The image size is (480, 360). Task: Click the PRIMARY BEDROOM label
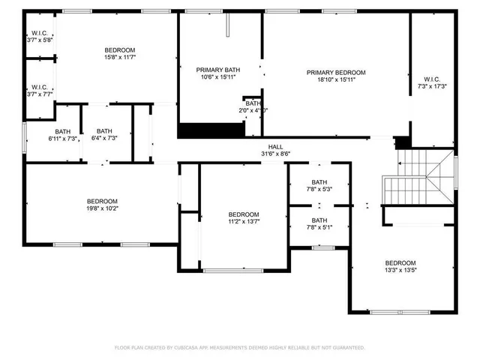click(x=336, y=73)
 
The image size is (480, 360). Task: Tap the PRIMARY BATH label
click(x=213, y=69)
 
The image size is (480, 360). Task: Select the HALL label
click(x=276, y=147)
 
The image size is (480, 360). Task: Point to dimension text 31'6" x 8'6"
click(x=276, y=154)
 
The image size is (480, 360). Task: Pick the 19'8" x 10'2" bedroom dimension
click(x=102, y=208)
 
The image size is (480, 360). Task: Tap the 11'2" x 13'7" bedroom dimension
click(x=244, y=221)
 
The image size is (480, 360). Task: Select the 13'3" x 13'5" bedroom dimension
click(x=400, y=270)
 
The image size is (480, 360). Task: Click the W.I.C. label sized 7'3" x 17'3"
click(x=432, y=79)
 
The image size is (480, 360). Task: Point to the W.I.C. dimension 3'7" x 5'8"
click(x=39, y=40)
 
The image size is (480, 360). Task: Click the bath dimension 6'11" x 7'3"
click(x=63, y=138)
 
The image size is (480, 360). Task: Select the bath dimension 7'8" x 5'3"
click(x=319, y=189)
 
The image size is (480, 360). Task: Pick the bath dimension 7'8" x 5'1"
click(x=319, y=227)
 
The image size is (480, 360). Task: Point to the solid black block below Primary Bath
click(x=211, y=130)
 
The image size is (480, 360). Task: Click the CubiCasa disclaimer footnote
click(x=239, y=347)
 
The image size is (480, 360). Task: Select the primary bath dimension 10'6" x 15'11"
click(x=213, y=76)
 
